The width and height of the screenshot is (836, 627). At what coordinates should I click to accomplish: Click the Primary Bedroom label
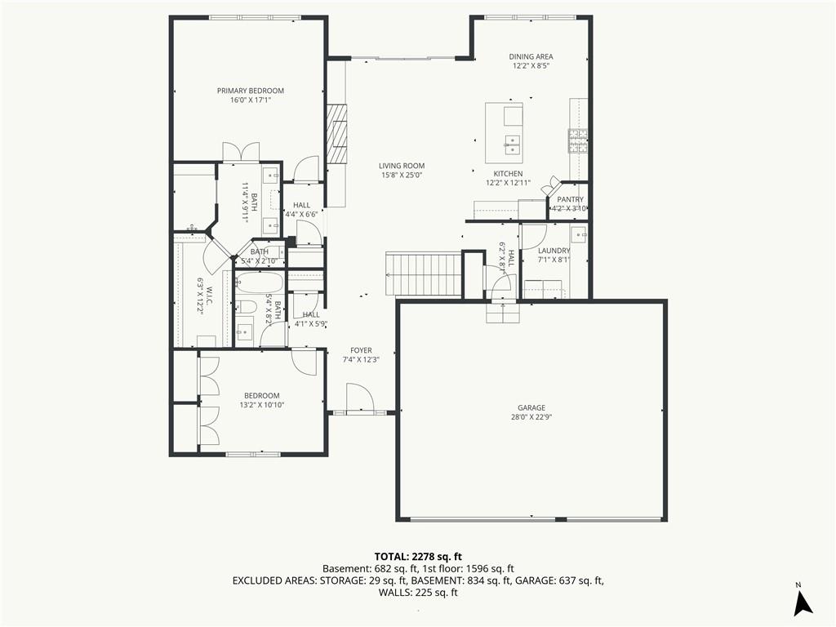[250, 91]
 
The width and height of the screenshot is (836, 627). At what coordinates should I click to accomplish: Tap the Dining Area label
[531, 56]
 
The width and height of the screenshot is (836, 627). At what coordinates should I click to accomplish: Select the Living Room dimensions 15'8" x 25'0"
[402, 175]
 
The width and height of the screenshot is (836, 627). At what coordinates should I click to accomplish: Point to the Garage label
[531, 408]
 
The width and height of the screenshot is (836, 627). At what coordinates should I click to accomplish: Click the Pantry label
[570, 199]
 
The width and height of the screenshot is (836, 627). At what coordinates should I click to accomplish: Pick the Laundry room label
[554, 251]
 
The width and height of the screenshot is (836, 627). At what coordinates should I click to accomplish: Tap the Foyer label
[361, 350]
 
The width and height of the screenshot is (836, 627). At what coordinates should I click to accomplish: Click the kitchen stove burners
[578, 140]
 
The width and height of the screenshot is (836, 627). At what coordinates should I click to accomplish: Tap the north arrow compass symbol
[803, 603]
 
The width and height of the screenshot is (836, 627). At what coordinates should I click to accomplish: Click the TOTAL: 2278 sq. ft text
[418, 557]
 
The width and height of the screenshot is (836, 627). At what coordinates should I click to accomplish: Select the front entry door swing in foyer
[359, 398]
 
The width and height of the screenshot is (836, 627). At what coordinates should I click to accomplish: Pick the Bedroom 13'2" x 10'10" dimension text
[262, 405]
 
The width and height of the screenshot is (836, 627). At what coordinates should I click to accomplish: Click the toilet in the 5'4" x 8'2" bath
[247, 307]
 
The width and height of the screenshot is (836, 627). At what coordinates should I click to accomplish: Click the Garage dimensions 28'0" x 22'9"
[531, 417]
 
